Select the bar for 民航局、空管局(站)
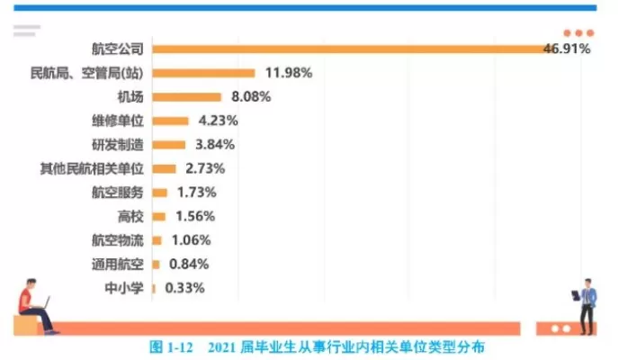coord(203,72)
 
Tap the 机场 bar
coord(186,96)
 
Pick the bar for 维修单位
coord(170,121)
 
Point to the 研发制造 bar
coord(168,144)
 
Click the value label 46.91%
coord(567,48)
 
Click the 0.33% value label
coord(183,288)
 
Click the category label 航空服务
coord(117,192)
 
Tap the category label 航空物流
coord(117,240)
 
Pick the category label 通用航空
coord(117,264)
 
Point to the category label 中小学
coord(124,288)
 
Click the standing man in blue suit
coord(586,304)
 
